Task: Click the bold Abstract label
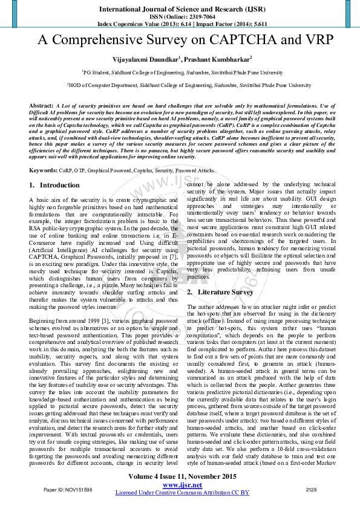point(41,106)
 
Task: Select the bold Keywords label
point(44,172)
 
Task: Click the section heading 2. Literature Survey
point(219,292)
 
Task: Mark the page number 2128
point(311,488)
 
